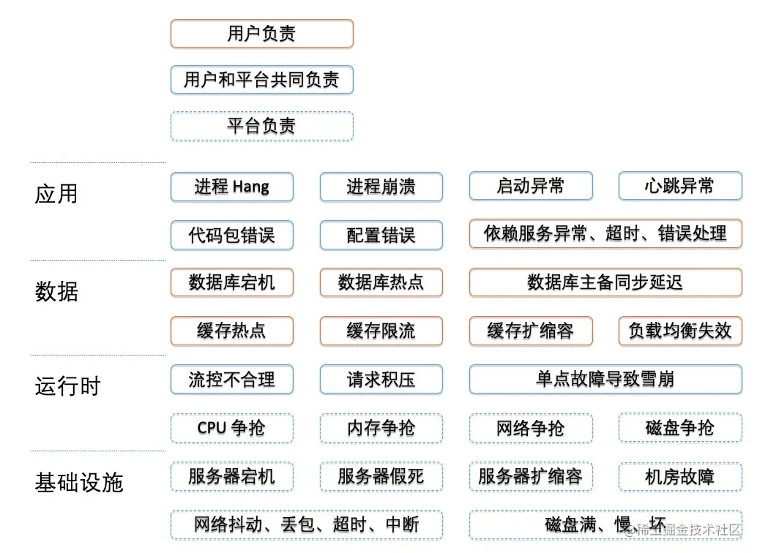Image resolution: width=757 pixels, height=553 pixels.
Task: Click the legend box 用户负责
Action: pos(261,34)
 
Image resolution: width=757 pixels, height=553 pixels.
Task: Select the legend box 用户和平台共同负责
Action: pos(261,80)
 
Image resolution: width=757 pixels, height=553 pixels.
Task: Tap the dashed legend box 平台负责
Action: pos(261,126)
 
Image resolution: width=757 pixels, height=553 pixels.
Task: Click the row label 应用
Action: pos(56,194)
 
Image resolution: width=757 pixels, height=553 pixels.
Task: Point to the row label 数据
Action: pos(56,291)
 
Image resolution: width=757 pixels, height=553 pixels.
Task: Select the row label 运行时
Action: pos(67,386)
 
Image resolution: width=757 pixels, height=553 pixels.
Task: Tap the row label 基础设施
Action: pos(78,482)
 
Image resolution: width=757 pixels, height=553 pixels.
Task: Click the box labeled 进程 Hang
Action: pos(232,187)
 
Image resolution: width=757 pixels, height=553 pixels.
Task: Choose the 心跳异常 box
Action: pos(680,186)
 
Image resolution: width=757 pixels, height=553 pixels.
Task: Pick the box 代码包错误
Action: pos(232,235)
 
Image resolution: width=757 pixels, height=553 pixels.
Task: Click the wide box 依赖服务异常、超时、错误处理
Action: pos(605,234)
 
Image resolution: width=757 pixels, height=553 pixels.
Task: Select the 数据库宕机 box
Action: pos(232,282)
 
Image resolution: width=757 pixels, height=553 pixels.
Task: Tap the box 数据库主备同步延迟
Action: pos(605,282)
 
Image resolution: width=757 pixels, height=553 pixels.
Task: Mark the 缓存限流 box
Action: pos(381,331)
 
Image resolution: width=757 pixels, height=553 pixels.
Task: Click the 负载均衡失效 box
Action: pos(680,331)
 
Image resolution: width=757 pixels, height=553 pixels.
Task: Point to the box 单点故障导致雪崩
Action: pos(605,380)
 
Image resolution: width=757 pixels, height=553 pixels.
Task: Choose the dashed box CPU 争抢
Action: pos(232,428)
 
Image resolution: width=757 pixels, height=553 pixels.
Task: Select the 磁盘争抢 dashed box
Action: pos(680,427)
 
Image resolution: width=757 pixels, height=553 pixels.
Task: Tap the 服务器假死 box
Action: pos(381,477)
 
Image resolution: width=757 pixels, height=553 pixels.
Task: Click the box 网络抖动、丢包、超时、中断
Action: pos(307,524)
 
